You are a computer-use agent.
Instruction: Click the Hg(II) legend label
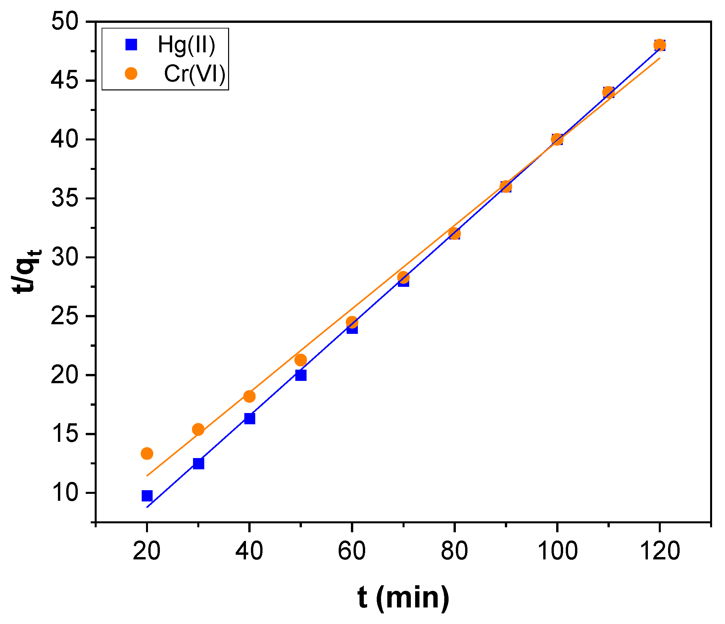(x=186, y=45)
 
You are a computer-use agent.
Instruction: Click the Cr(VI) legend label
(x=195, y=74)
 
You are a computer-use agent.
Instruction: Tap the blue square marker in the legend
(x=131, y=45)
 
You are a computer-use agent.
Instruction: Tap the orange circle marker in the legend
(x=131, y=74)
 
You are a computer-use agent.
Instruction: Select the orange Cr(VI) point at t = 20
(x=147, y=453)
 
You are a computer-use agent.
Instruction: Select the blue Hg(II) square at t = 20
(x=147, y=496)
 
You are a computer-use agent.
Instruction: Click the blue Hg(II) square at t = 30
(x=198, y=464)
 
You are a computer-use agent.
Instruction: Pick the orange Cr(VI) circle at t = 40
(x=249, y=396)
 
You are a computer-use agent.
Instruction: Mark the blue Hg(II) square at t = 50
(x=301, y=375)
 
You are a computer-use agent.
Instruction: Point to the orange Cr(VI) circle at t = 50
(x=301, y=360)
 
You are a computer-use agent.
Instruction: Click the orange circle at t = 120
(x=659, y=45)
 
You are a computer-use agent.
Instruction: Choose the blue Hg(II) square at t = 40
(x=250, y=418)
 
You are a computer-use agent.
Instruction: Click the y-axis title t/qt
(x=27, y=271)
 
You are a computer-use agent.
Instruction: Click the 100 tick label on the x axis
(x=557, y=551)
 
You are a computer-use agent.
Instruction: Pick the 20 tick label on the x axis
(x=147, y=551)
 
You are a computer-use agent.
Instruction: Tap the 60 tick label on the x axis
(x=352, y=551)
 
